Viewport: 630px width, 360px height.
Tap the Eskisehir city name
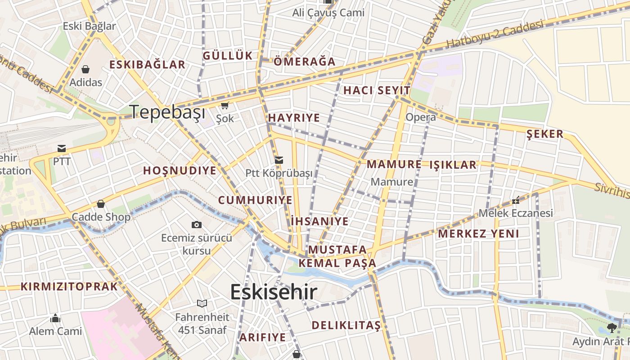click(x=274, y=292)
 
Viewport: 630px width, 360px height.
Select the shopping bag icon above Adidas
click(x=85, y=69)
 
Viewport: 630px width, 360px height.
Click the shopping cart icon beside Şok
click(x=225, y=106)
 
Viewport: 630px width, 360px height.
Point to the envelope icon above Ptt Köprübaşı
click(x=279, y=160)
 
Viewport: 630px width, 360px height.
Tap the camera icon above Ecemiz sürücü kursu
click(x=197, y=225)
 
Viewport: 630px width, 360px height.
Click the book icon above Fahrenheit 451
click(x=202, y=303)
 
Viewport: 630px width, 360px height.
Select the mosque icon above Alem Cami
click(x=55, y=319)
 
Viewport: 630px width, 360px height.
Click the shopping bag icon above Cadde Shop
click(x=101, y=204)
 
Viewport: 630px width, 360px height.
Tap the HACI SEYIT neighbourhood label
click(x=377, y=90)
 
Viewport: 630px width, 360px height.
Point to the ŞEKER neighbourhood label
click(x=544, y=134)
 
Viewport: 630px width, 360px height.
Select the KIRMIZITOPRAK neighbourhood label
click(x=69, y=287)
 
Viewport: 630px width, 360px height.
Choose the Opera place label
click(x=421, y=117)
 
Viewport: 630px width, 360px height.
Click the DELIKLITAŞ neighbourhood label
click(x=346, y=325)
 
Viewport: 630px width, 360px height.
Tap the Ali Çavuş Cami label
click(x=328, y=13)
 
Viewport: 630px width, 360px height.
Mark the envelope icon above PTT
click(x=62, y=148)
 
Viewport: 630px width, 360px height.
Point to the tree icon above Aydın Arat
click(x=612, y=328)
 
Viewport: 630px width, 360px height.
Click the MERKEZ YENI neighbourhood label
click(x=478, y=234)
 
